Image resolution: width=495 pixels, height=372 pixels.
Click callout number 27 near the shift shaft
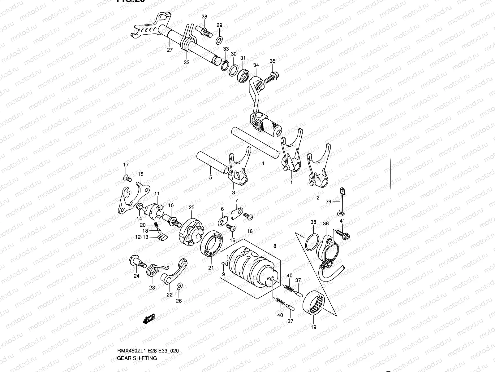coord(169,50)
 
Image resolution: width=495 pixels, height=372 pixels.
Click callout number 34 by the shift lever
coord(256,65)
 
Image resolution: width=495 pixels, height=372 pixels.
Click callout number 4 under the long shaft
coord(262,163)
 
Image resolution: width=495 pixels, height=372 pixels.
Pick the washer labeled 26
coord(179,286)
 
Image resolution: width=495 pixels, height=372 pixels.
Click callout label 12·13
coord(142,237)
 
